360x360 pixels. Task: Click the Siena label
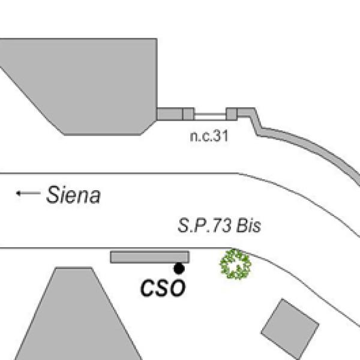click(x=73, y=195)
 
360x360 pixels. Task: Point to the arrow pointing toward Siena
click(x=28, y=193)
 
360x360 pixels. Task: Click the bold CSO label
click(x=163, y=288)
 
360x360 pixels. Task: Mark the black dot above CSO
click(x=179, y=268)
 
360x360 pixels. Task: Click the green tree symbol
click(x=236, y=264)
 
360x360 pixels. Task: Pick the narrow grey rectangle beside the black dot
click(x=149, y=257)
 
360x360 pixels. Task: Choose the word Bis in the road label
click(x=250, y=227)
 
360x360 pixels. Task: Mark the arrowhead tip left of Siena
click(x=17, y=193)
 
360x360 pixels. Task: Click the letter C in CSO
click(x=148, y=288)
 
